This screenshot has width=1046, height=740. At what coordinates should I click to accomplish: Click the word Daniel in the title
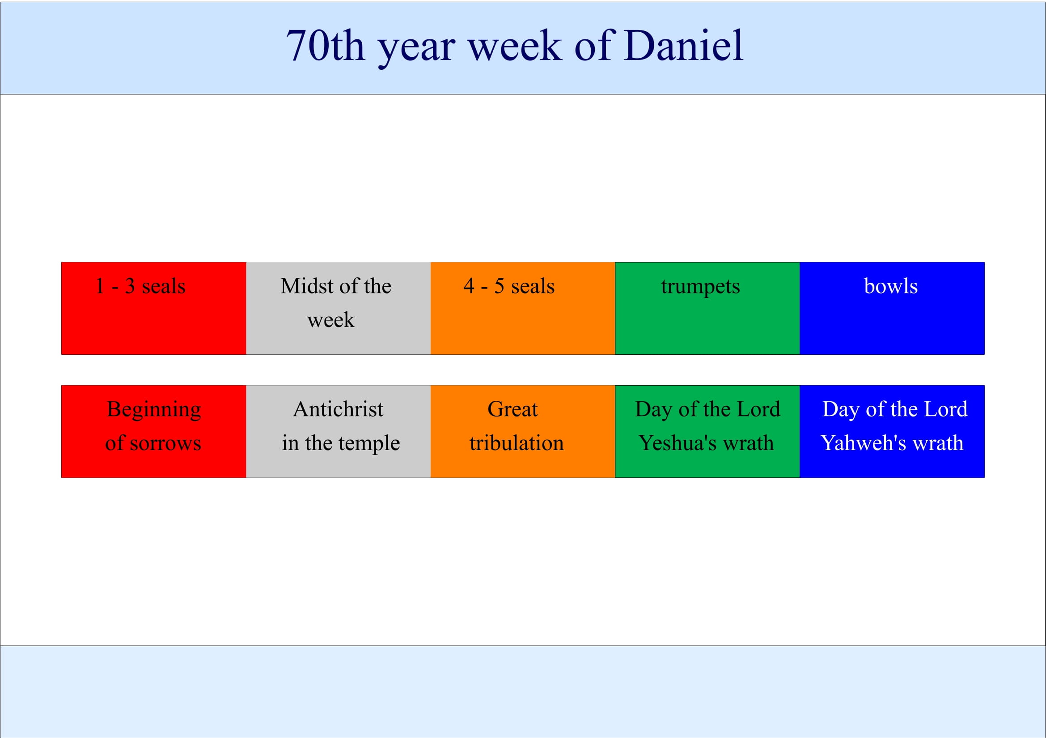point(684,45)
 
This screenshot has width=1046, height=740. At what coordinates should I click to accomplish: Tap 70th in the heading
point(326,46)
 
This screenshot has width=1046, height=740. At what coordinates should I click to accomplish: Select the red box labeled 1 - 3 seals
point(153,308)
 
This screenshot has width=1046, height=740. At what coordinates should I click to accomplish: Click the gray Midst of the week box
point(338,308)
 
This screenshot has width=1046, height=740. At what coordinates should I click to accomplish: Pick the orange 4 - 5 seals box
point(522,308)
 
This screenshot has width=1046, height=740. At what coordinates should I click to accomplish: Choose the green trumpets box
point(707,308)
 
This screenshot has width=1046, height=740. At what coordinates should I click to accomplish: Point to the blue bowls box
point(892,308)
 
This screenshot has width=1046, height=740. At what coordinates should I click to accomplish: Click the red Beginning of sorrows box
point(153,431)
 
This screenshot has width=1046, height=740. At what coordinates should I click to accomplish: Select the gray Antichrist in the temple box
point(338,431)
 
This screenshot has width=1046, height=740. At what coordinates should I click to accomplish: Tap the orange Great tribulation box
point(522,431)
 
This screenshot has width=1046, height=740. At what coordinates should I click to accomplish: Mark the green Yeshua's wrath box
point(707,431)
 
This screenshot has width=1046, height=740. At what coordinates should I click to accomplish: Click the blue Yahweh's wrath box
point(892,431)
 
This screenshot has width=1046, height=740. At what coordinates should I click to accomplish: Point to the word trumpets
point(700,287)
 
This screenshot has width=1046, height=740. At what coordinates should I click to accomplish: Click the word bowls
point(891,286)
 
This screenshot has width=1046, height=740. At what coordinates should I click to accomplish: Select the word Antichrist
point(338,409)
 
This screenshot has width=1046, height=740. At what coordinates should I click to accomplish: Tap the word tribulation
point(517,443)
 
